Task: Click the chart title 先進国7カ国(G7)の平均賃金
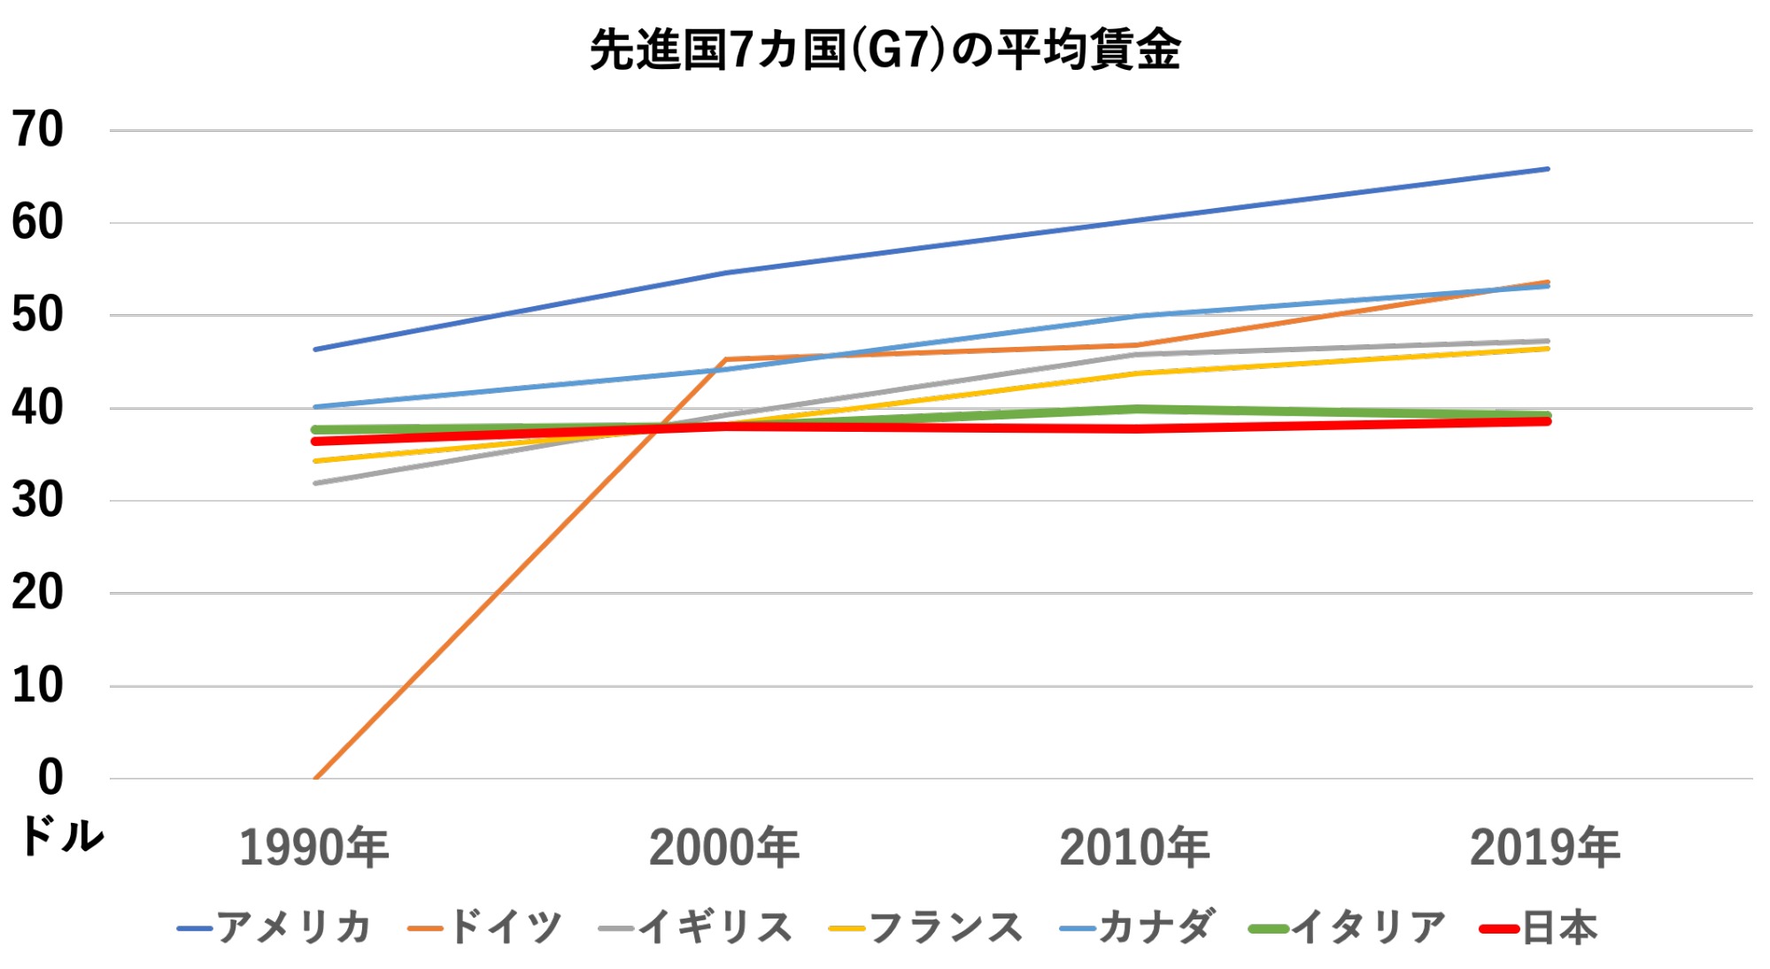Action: point(885,50)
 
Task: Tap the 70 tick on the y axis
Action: point(37,130)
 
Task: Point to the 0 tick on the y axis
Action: point(50,778)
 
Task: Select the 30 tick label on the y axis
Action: point(37,501)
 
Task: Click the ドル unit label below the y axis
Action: point(60,835)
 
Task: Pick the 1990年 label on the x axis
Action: point(314,847)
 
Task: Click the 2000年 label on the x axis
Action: point(724,847)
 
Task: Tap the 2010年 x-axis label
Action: point(1134,847)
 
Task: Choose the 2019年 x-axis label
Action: point(1545,847)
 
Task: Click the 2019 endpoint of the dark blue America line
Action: point(1547,168)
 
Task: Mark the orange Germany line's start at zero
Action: point(315,778)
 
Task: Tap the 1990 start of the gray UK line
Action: point(316,483)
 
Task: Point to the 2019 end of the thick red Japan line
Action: point(1547,421)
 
